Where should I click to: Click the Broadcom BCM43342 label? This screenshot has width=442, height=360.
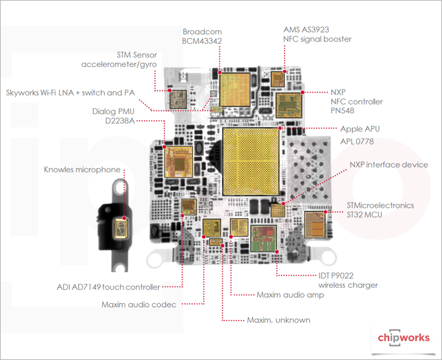(201, 37)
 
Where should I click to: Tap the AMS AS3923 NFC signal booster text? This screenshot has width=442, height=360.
(317, 34)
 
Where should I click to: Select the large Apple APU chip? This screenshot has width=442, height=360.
(251, 161)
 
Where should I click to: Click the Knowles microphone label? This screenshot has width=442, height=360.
(82, 170)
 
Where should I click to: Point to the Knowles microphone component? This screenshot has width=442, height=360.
(120, 229)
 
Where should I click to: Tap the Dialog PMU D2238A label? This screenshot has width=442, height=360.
(127, 115)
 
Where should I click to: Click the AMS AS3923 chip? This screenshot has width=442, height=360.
(278, 79)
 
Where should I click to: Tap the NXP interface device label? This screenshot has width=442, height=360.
(388, 165)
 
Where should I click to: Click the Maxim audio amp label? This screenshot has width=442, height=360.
(290, 295)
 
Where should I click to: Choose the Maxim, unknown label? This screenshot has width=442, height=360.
(279, 320)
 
